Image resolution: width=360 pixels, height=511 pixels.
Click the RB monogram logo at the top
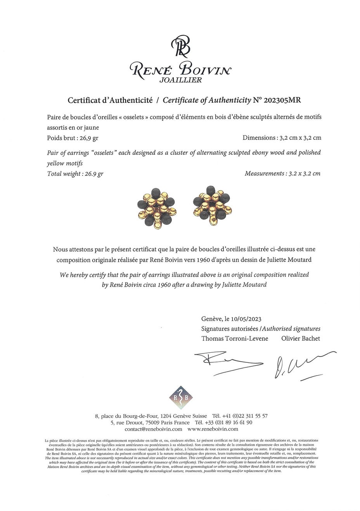(x=181, y=47)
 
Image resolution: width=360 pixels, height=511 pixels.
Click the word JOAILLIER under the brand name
(x=181, y=80)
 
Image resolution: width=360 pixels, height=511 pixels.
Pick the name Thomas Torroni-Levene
(x=235, y=338)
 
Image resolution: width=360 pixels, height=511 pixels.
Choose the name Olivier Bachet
(x=301, y=338)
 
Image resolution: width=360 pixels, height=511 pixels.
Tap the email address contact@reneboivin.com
(x=153, y=429)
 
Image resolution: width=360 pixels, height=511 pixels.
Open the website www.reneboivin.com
(x=213, y=429)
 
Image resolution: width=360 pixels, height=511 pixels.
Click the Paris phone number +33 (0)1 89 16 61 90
(x=234, y=423)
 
